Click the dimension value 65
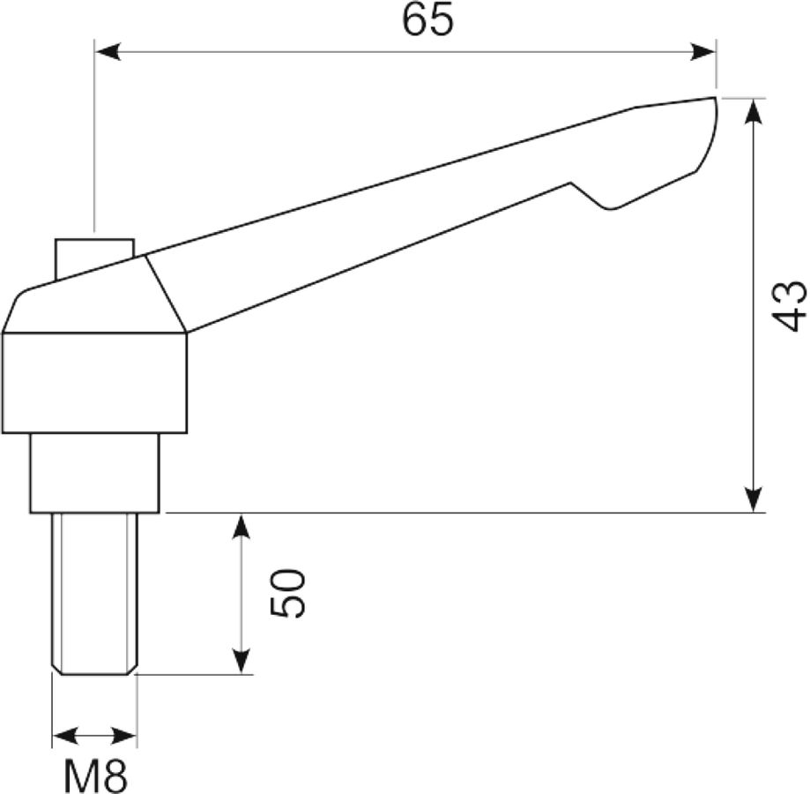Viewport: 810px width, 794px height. pyautogui.click(x=427, y=19)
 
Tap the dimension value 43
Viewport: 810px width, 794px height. pyautogui.click(x=791, y=305)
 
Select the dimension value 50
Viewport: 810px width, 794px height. pyautogui.click(x=287, y=593)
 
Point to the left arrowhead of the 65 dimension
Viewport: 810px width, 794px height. pyautogui.click(x=108, y=52)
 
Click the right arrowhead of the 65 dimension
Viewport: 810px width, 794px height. pyautogui.click(x=703, y=52)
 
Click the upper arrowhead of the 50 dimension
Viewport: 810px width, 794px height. pyautogui.click(x=242, y=528)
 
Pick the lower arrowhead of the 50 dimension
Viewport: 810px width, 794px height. pyautogui.click(x=242, y=661)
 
